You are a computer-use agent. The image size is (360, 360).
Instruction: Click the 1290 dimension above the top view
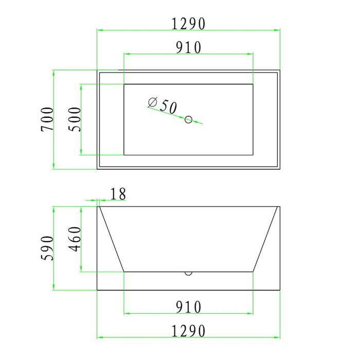pos(188,24)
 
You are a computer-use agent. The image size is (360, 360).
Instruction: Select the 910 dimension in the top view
pos(188,47)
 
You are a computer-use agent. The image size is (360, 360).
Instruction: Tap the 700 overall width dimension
pos(47,119)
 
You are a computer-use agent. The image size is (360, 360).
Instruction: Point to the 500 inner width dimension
pos(75,119)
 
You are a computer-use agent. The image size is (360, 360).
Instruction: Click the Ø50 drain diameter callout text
pos(163,105)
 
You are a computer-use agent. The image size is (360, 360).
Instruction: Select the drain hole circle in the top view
pos(188,120)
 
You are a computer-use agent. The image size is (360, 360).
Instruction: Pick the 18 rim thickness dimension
pos(118,194)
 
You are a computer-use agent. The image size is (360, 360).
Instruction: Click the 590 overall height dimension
pos(47,248)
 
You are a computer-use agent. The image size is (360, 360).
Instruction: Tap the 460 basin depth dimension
pos(75,239)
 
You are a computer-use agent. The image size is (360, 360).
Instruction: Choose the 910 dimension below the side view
pos(188,307)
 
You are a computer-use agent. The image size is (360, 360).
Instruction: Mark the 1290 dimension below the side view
pos(188,331)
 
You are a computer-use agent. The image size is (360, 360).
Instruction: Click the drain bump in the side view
pos(188,273)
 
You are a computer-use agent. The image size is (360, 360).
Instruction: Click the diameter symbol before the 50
pos(152,102)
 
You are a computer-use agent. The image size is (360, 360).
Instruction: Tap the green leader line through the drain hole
pos(198,122)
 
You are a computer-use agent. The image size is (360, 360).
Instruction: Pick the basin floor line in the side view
pos(154,271)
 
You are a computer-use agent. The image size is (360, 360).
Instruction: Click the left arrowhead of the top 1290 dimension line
pos(99,30)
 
